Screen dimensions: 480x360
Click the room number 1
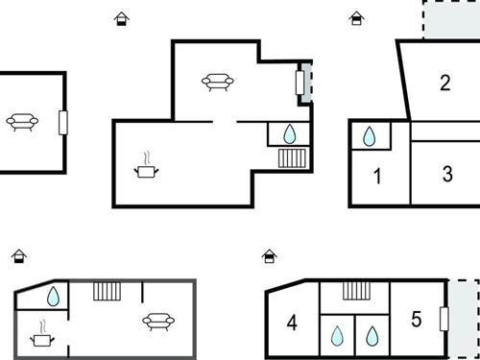(x=377, y=176)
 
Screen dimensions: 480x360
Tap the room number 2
(x=444, y=83)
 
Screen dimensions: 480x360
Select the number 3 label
(x=447, y=175)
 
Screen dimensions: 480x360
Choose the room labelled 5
(x=416, y=319)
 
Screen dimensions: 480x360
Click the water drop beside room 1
(x=370, y=137)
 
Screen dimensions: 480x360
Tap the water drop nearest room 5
(x=372, y=336)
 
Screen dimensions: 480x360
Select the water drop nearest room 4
(x=336, y=336)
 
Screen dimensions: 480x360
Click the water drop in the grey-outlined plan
(x=54, y=297)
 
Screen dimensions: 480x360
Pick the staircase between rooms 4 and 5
(x=356, y=291)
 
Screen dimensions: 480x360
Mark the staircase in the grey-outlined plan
(x=106, y=290)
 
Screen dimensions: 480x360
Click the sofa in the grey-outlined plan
(x=156, y=321)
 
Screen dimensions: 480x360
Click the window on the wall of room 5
(x=444, y=319)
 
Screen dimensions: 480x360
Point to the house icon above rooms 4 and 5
(x=270, y=256)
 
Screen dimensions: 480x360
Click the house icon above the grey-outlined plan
(x=18, y=256)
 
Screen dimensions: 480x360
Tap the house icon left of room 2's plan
(x=356, y=17)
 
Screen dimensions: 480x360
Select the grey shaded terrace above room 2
(x=451, y=19)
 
